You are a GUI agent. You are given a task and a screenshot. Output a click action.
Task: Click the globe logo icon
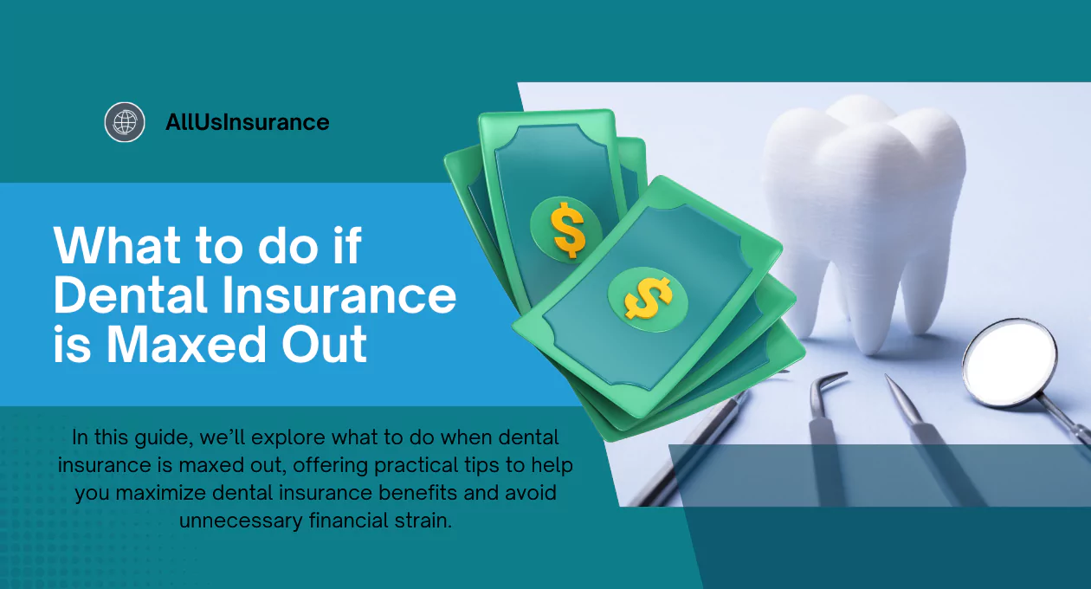[125, 122]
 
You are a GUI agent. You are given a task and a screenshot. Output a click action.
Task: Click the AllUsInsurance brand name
[248, 122]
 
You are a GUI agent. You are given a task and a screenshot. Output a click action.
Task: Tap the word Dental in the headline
[131, 295]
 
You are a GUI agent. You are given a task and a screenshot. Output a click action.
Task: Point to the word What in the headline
[118, 245]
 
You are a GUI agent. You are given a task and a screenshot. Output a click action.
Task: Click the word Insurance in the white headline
[339, 295]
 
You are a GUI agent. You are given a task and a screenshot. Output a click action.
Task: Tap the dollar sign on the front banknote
[649, 298]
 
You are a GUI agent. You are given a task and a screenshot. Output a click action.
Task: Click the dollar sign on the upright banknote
[567, 230]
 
